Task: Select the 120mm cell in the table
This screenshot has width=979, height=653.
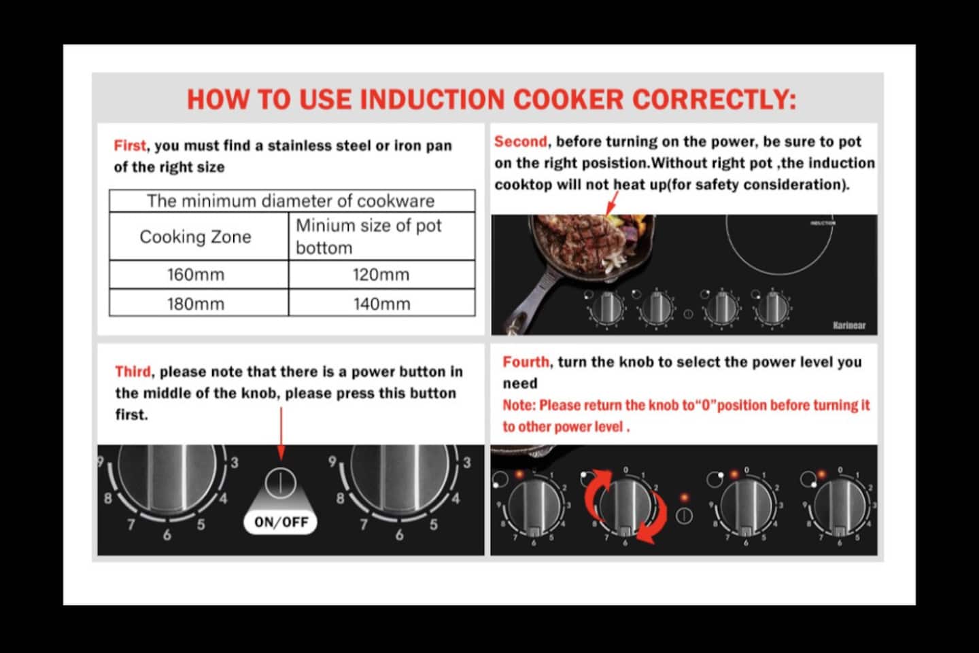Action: (381, 275)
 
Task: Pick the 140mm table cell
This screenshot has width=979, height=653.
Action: (381, 302)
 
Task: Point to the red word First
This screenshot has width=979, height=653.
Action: (129, 145)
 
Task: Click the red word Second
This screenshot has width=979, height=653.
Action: (521, 141)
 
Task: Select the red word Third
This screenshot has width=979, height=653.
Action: (133, 372)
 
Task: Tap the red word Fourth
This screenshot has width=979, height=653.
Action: (526, 361)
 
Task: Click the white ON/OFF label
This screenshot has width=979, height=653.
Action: (281, 522)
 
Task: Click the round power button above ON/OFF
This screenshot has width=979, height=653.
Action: (281, 483)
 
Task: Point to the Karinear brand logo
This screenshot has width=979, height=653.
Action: (848, 325)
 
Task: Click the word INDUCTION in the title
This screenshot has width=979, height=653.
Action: (432, 99)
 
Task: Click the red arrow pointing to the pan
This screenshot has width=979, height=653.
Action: (612, 204)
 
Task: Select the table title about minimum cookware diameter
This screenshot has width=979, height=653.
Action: (291, 201)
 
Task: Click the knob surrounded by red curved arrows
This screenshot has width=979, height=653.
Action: (625, 508)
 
